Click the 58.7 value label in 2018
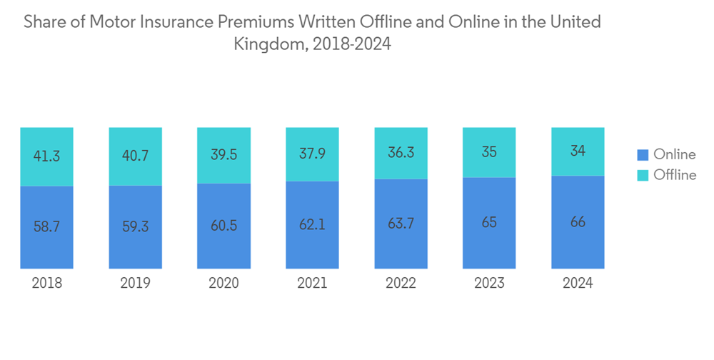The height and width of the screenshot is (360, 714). (46, 226)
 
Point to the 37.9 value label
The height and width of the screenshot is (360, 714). (312, 154)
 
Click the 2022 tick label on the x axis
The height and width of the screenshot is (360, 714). (401, 284)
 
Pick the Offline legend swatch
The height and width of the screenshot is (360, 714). (643, 175)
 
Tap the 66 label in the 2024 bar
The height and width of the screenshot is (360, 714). (578, 222)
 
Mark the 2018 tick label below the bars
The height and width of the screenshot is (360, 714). (46, 284)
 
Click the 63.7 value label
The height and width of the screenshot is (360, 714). (401, 224)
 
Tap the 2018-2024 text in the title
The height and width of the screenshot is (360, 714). (351, 44)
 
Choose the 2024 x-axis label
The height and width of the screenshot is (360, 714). (578, 284)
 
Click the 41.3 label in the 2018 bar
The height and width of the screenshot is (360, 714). (46, 156)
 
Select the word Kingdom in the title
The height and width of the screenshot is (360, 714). (268, 44)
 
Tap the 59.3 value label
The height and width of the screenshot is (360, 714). (135, 226)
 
